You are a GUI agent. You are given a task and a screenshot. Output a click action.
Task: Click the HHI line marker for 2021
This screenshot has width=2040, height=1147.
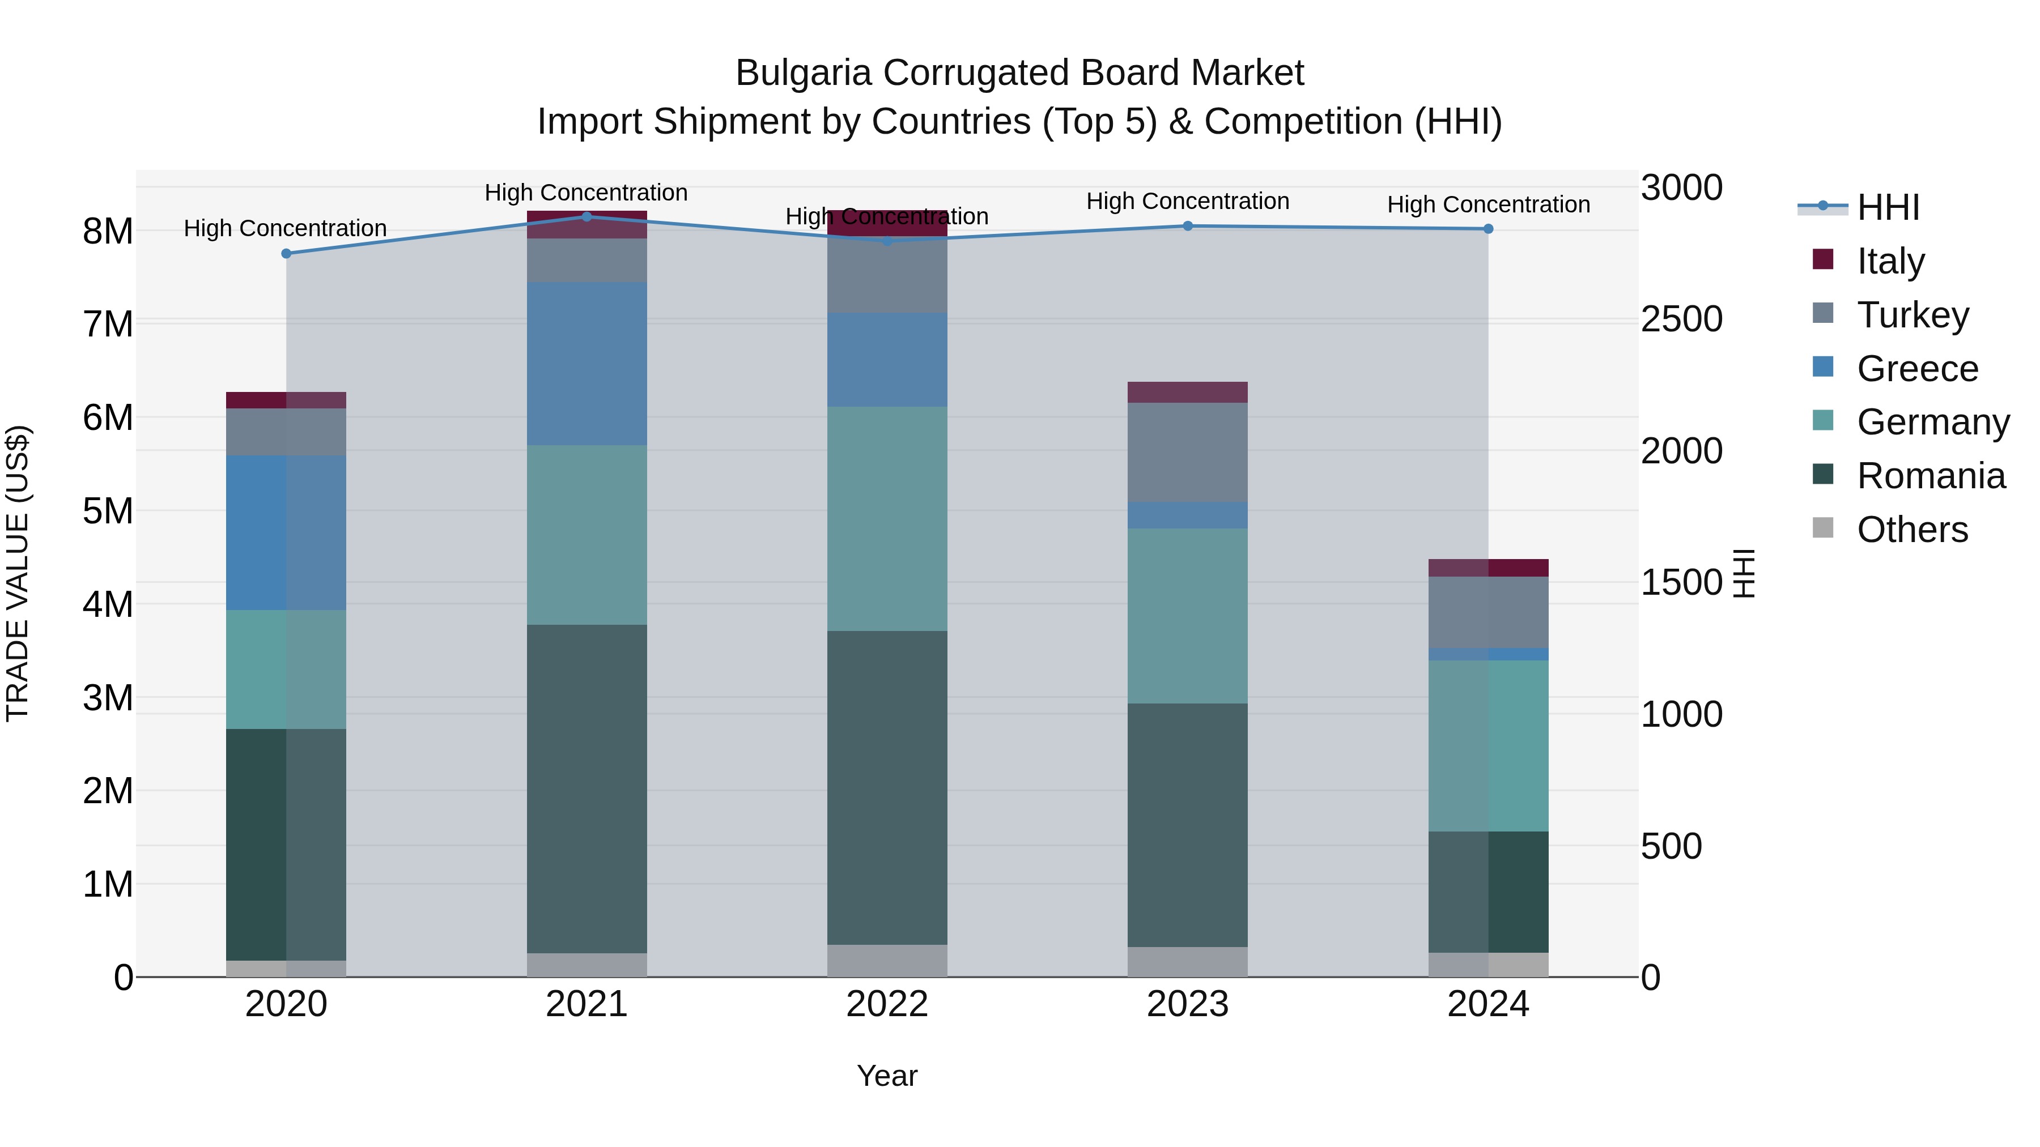tap(587, 217)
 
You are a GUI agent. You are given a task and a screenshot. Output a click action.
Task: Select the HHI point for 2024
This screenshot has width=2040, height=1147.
tap(1488, 229)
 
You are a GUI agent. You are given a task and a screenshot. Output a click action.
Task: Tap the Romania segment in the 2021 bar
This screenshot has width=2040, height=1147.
tap(587, 788)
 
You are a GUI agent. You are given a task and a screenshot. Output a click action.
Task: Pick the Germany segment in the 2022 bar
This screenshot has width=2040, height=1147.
tap(887, 518)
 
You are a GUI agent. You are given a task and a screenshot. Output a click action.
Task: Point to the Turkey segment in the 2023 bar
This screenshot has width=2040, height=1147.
tap(1187, 452)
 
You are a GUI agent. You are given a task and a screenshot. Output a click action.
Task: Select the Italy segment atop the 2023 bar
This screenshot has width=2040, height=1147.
tap(1187, 393)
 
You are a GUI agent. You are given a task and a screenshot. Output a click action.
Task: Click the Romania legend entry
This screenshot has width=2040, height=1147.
tap(1930, 476)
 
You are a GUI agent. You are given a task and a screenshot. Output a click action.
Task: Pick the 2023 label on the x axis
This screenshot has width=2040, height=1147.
tap(1187, 1004)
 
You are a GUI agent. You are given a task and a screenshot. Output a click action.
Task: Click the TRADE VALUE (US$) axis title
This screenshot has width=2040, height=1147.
tap(18, 573)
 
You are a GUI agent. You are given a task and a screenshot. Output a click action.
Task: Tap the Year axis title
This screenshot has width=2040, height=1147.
tap(887, 1076)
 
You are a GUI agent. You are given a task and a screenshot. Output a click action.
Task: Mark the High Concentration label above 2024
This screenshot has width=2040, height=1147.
tap(1488, 204)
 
